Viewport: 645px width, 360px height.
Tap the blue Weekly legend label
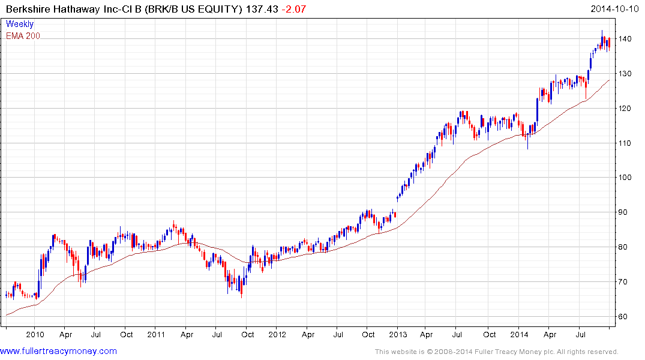click(x=20, y=25)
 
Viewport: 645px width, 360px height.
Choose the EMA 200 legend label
click(x=23, y=36)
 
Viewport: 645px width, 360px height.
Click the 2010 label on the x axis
click(x=35, y=335)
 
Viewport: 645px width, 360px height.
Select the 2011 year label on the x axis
click(x=156, y=335)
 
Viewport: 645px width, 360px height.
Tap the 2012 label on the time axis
click(x=277, y=335)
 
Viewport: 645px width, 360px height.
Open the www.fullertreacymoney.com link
click(x=58, y=351)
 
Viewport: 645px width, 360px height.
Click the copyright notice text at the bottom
click(x=496, y=352)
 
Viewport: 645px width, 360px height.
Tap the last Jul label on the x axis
click(x=581, y=335)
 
